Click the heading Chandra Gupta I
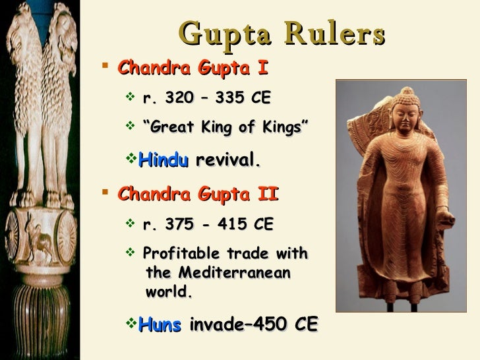[x=193, y=68]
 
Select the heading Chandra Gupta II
[x=198, y=195]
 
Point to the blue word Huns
[x=160, y=324]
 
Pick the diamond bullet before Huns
[x=130, y=323]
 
